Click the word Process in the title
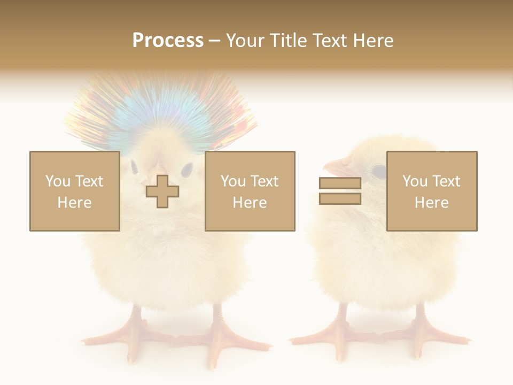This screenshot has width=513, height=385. [x=168, y=40]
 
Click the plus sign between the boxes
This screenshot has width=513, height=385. [x=162, y=191]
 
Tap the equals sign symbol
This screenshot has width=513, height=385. [x=340, y=191]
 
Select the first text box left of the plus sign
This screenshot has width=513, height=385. [x=74, y=191]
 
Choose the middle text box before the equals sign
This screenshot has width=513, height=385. [x=250, y=191]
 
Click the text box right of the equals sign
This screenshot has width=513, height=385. [x=432, y=191]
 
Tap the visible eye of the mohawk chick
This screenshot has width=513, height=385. [x=186, y=170]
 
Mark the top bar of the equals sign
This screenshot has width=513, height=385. [x=340, y=183]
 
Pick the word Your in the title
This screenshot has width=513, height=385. [x=246, y=40]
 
